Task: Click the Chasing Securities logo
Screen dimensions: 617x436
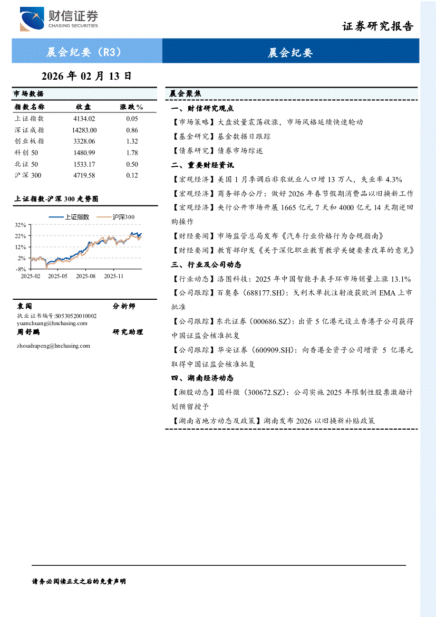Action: (59, 20)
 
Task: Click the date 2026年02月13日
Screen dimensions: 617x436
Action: (86, 76)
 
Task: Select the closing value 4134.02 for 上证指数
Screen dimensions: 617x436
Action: (84, 119)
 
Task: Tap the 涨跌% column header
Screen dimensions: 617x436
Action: (132, 107)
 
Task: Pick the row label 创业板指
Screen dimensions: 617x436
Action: (30, 141)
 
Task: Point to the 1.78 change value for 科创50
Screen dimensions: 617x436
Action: (132, 153)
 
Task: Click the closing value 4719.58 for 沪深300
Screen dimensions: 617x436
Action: (84, 175)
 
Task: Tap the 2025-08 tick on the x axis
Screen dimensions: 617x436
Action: (85, 276)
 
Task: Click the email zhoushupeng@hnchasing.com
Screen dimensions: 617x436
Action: (53, 346)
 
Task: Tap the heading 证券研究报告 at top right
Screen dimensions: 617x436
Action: (378, 26)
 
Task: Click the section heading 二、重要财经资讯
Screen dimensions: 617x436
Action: (202, 165)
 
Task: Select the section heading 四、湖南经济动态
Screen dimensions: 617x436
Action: (202, 378)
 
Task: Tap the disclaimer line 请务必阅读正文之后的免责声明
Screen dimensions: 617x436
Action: (79, 581)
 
